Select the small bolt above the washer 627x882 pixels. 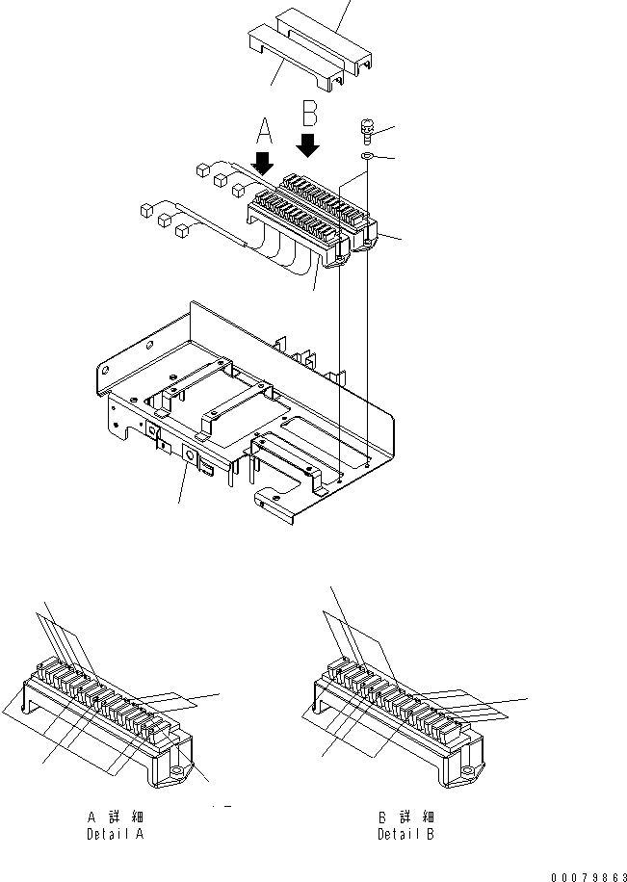(368, 128)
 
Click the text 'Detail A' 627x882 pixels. (115, 834)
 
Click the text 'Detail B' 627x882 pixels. (405, 833)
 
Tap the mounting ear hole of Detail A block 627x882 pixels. (177, 770)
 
